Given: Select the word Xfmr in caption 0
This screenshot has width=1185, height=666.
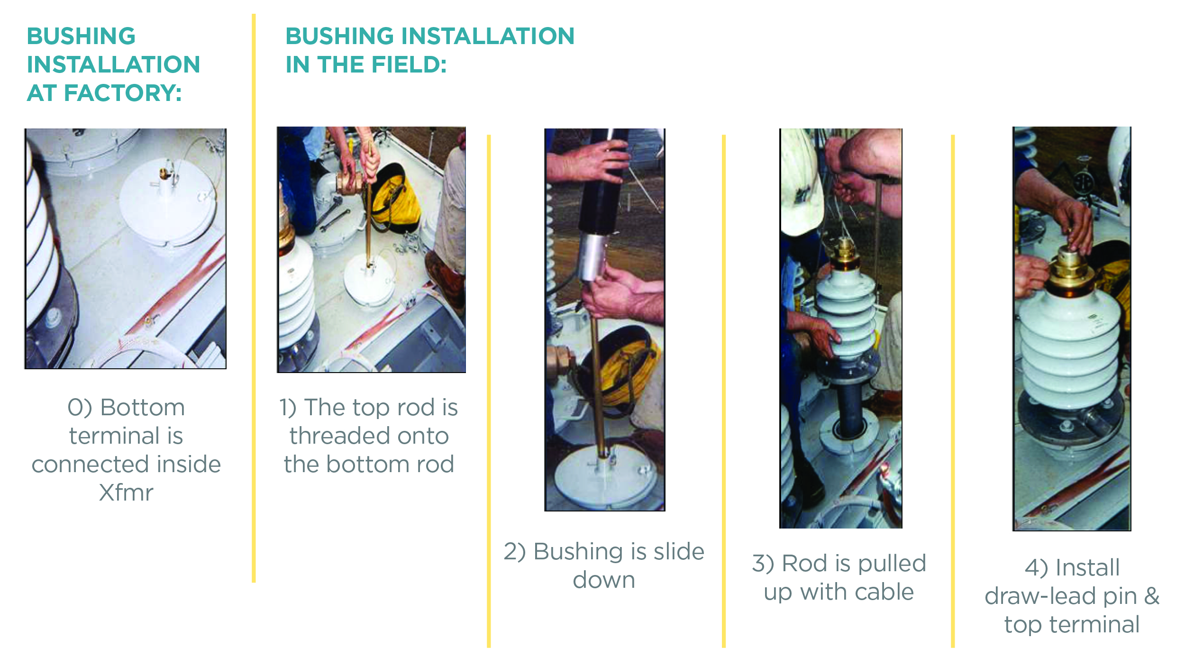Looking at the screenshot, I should point(126,493).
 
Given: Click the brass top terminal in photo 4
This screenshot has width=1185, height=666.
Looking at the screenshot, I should point(1070,270).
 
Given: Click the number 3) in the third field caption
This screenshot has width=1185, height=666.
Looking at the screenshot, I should point(763,564).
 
